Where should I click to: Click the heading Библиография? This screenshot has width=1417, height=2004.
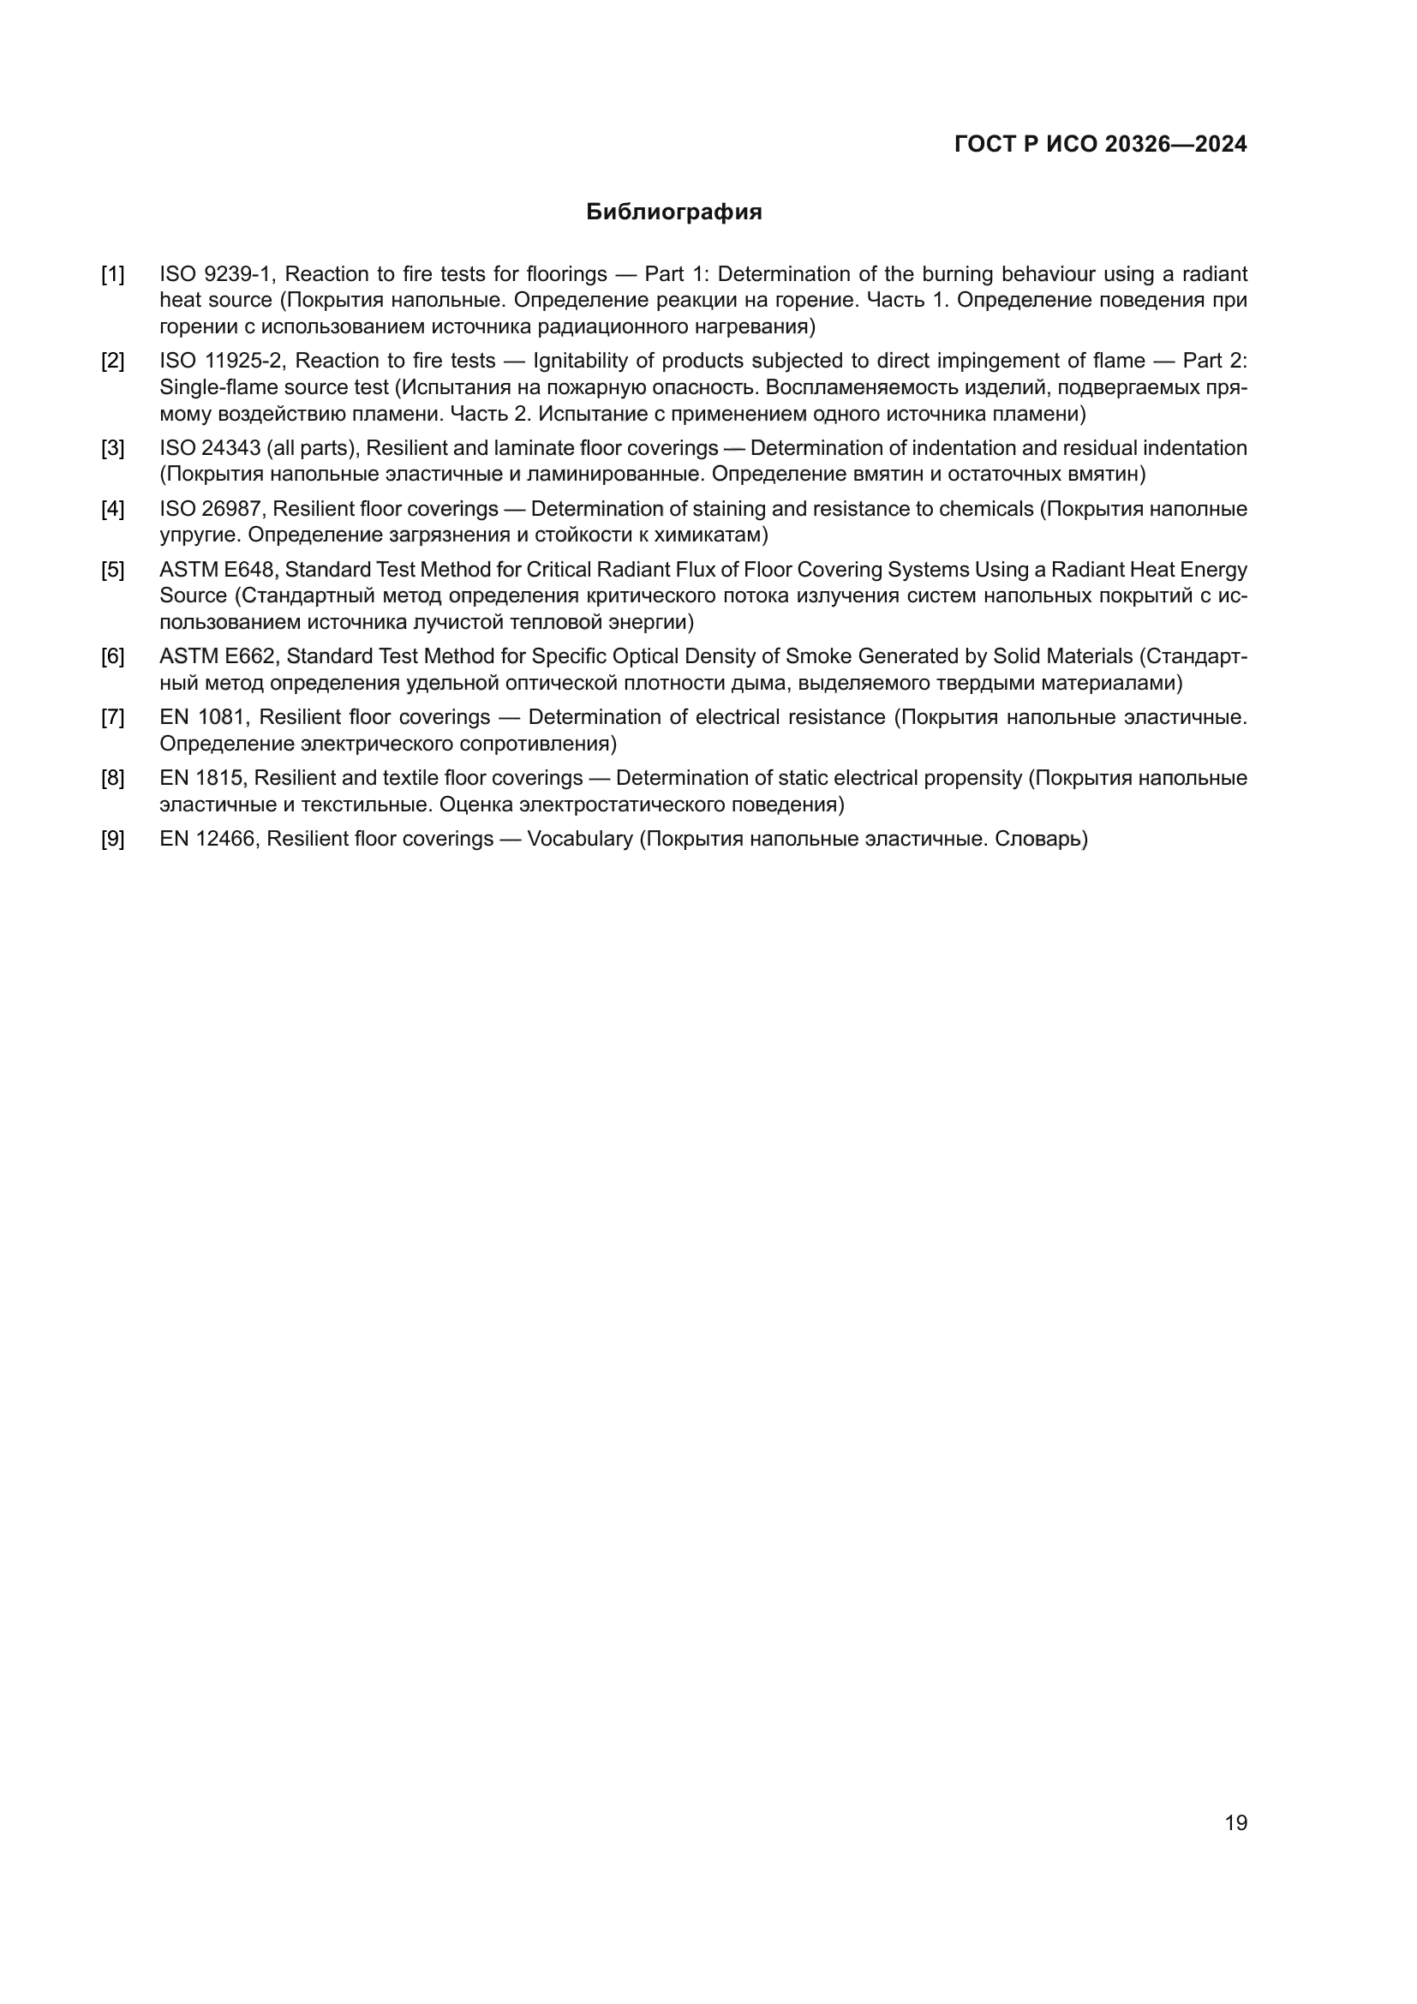(673, 212)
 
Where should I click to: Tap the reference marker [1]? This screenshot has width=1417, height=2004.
(112, 274)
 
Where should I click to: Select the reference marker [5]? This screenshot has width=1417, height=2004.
(112, 570)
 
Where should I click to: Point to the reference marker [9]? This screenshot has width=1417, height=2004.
(112, 839)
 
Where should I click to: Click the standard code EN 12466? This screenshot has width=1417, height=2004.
(207, 839)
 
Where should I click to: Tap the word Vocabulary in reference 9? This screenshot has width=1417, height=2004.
(580, 839)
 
